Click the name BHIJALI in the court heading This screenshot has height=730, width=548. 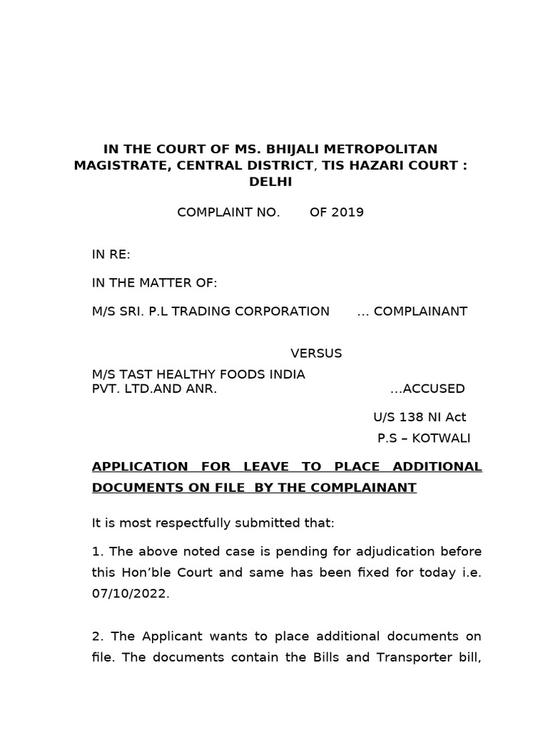click(296, 149)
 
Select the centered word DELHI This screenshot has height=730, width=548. click(270, 182)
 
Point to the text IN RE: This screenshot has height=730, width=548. click(111, 255)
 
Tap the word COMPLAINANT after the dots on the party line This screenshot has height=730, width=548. click(421, 312)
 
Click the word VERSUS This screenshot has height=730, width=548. click(316, 354)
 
